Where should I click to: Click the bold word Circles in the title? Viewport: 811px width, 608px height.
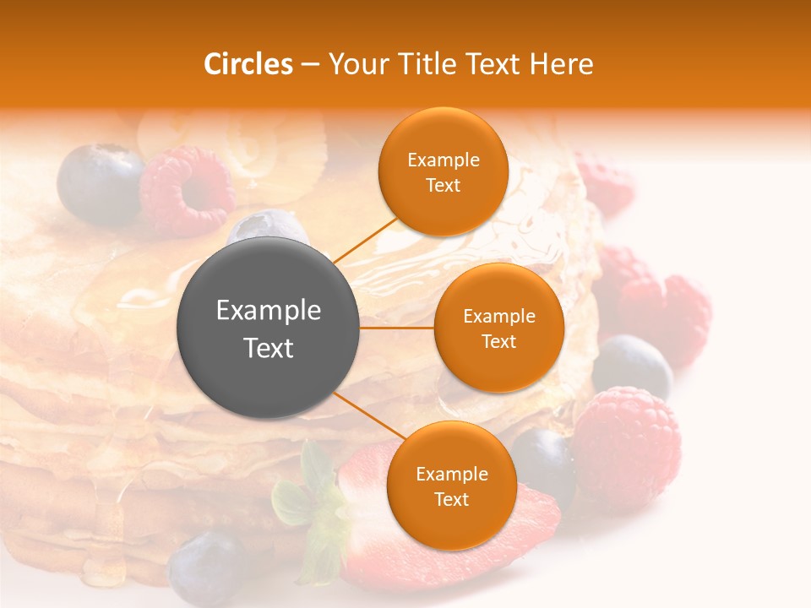click(248, 64)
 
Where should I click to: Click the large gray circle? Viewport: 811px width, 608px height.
click(269, 328)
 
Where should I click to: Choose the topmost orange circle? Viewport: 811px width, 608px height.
click(443, 171)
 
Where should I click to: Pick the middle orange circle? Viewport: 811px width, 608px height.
click(499, 328)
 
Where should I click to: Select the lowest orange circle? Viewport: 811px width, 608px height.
click(451, 486)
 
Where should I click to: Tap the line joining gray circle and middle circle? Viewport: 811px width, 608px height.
click(397, 328)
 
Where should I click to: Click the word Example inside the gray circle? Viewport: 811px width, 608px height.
click(269, 311)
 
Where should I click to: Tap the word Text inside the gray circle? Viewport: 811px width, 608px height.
click(269, 348)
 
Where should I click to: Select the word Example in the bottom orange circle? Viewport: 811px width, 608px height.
click(451, 474)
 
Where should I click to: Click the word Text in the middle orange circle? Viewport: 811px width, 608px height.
click(499, 341)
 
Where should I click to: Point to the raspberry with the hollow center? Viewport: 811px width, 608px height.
click(188, 191)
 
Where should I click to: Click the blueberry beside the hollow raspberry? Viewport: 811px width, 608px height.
click(100, 183)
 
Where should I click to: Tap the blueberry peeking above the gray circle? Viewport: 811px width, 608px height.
click(258, 226)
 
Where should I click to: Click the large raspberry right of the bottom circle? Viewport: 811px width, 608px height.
click(626, 443)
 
